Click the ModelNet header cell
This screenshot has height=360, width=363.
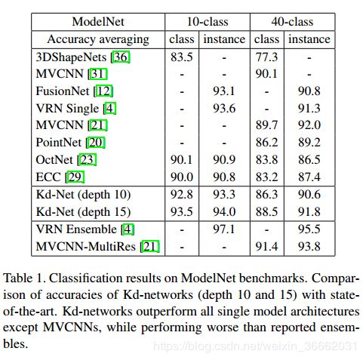click(98, 22)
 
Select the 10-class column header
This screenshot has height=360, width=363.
click(208, 22)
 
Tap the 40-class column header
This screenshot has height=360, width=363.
click(292, 22)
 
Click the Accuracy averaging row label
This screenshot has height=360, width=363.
click(98, 40)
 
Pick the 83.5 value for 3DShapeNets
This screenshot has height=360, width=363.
click(182, 57)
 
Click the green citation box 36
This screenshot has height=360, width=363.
click(121, 57)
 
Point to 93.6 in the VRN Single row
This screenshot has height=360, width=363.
click(224, 109)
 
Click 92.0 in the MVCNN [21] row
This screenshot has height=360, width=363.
click(309, 125)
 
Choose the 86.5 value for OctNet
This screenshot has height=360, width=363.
click(309, 160)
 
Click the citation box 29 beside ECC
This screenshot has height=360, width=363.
click(75, 177)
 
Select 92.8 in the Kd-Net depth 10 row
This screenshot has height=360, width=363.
click(182, 195)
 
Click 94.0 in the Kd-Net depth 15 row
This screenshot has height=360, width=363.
click(224, 212)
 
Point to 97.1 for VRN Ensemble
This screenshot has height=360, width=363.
click(223, 229)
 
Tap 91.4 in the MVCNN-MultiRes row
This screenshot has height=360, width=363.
click(266, 247)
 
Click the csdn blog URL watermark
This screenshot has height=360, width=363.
click(255, 346)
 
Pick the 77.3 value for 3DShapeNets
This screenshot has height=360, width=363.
click(266, 57)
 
